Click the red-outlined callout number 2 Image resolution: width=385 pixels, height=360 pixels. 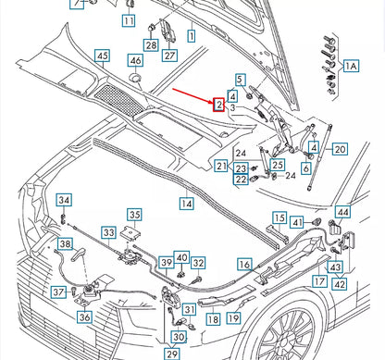coord(219,106)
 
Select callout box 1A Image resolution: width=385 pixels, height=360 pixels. coord(352,66)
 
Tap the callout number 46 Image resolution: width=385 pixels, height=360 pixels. coord(135,61)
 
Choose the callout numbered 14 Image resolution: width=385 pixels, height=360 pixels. coord(186,202)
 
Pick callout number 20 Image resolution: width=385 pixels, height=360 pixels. coord(340,149)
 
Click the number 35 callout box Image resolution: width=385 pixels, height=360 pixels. coord(134,215)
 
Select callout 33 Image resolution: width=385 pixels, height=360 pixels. coord(109,232)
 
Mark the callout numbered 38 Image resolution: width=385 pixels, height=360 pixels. coord(65,244)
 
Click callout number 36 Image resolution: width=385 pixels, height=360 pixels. coord(84,317)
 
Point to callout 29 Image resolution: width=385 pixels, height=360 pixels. coord(172,354)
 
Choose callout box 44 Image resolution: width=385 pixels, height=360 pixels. coord(342,212)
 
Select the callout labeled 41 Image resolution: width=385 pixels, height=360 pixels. coord(297,222)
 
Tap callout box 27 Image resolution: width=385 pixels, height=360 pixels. coord(169,55)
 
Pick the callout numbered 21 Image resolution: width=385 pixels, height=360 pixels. coord(220,167)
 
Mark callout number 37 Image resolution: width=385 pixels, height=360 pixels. coord(57,292)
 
